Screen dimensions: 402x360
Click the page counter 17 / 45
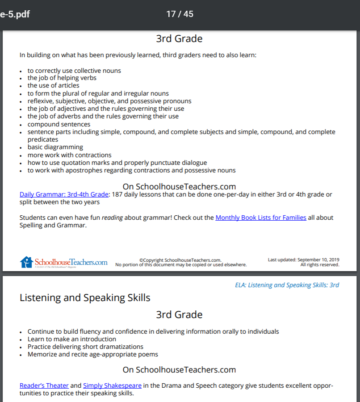pyautogui.click(x=180, y=14)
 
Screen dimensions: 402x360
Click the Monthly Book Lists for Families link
pyautogui.click(x=261, y=218)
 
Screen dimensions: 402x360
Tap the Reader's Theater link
pyautogui.click(x=44, y=385)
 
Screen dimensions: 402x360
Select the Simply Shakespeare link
pyautogui.click(x=112, y=385)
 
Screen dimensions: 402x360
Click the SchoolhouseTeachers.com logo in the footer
pyautogui.click(x=63, y=262)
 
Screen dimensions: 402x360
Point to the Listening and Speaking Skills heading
pyautogui.click(x=85, y=297)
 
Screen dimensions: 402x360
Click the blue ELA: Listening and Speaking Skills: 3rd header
pyautogui.click(x=287, y=285)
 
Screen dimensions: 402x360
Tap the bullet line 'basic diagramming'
pyautogui.click(x=55, y=147)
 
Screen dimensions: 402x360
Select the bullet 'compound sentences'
pyautogui.click(x=59, y=124)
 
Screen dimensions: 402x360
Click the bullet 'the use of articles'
pyautogui.click(x=53, y=85)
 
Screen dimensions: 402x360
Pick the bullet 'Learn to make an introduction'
pyautogui.click(x=71, y=339)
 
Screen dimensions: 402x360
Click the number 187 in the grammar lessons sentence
pyautogui.click(x=117, y=194)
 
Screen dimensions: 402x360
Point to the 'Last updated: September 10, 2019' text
pyautogui.click(x=303, y=260)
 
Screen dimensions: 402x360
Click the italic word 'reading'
pyautogui.click(x=112, y=218)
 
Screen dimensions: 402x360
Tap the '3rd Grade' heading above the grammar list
pyautogui.click(x=179, y=39)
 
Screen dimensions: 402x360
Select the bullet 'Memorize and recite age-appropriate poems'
pyautogui.click(x=92, y=354)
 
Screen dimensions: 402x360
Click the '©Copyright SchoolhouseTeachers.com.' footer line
pyautogui.click(x=180, y=260)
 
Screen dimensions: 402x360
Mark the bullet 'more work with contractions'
pyautogui.click(x=69, y=155)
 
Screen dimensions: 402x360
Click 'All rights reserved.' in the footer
pyautogui.click(x=320, y=264)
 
